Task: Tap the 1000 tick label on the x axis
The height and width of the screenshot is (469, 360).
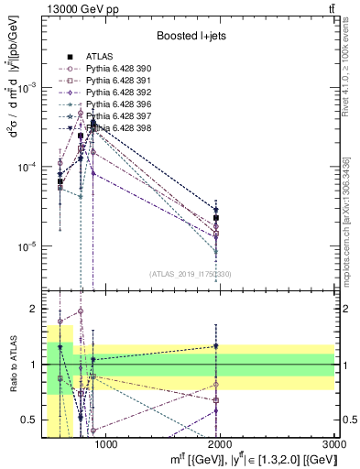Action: (x=106, y=445)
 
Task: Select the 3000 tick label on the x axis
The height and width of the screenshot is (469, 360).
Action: (x=335, y=445)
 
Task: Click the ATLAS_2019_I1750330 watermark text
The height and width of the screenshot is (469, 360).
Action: (x=191, y=273)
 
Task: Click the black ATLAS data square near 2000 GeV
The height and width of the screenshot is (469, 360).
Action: (x=216, y=218)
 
